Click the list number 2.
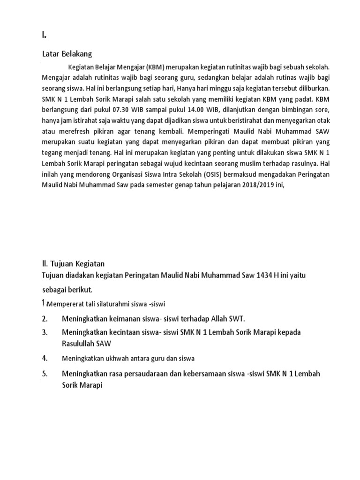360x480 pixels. tap(44, 319)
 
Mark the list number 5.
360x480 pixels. tap(44, 375)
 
